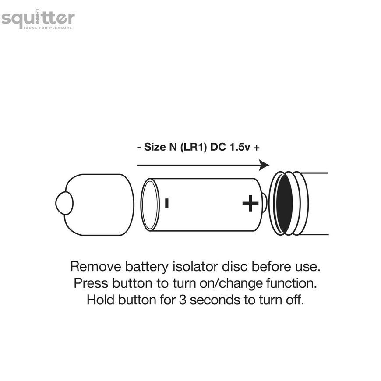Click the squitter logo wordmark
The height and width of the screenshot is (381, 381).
38,18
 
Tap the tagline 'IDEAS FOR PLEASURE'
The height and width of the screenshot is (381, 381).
48,28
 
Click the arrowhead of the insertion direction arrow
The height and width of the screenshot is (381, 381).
264,165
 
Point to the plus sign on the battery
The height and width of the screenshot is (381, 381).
250,203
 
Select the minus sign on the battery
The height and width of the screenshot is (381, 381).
167,203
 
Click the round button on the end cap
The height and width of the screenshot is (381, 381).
64,203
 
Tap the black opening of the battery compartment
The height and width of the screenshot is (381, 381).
284,204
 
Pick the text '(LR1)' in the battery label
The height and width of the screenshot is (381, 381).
194,147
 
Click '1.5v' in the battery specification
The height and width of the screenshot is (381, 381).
240,147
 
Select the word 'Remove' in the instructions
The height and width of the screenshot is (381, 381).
95,266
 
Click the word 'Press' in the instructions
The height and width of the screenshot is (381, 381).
91,283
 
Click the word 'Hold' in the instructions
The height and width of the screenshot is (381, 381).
101,300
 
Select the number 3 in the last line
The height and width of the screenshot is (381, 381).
183,300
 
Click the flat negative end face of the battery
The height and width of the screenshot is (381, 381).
150,205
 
